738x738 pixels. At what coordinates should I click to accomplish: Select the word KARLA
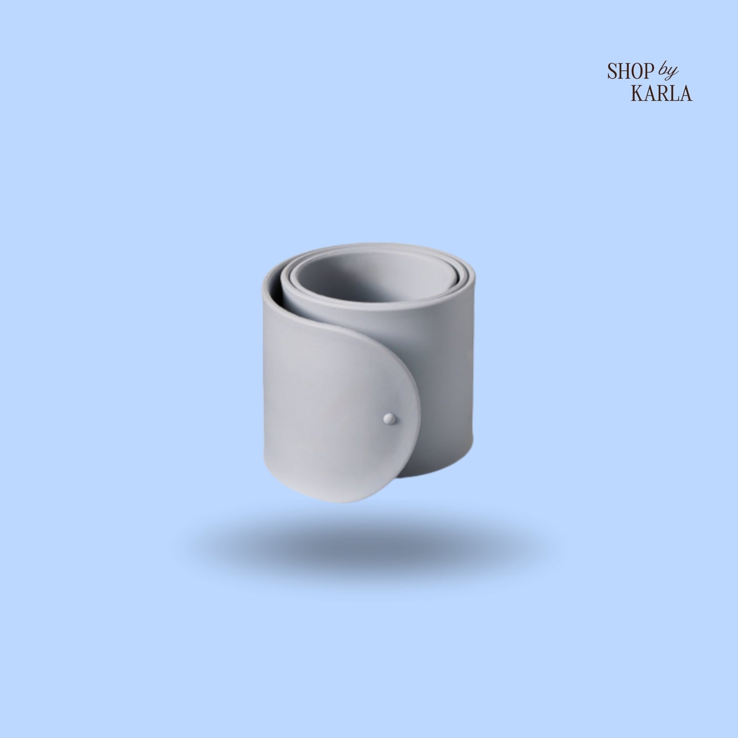662,92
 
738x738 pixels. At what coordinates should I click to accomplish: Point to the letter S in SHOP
612,71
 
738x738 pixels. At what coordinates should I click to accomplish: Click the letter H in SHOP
624,71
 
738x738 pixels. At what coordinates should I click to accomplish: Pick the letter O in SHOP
638,71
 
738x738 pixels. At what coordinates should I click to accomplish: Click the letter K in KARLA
638,92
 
